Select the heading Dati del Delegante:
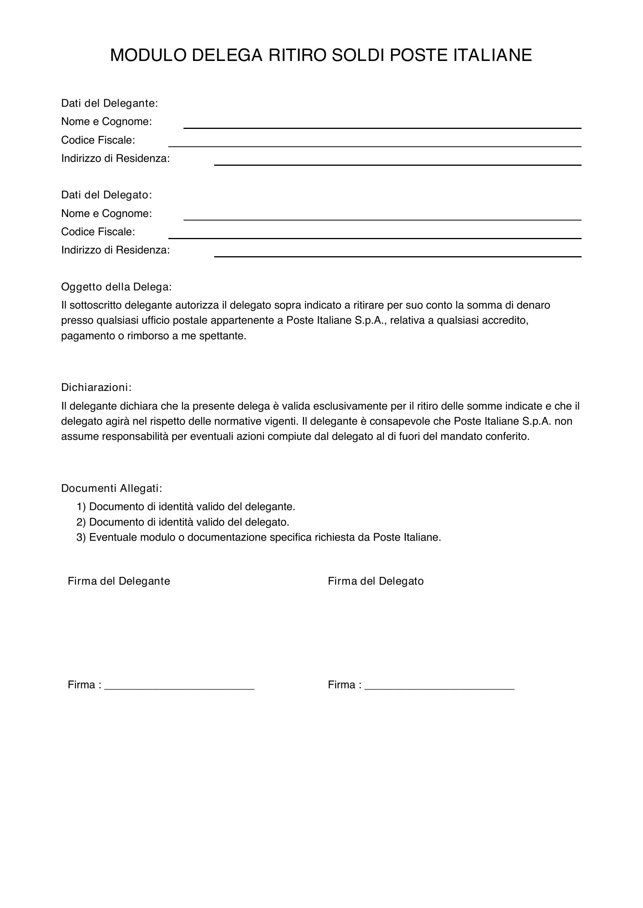click(109, 103)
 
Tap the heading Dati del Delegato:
click(107, 195)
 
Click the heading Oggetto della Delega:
click(116, 287)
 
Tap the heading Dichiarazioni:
click(96, 387)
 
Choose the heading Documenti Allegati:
click(112, 488)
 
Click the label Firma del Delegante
click(119, 581)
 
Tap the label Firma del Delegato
click(376, 581)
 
